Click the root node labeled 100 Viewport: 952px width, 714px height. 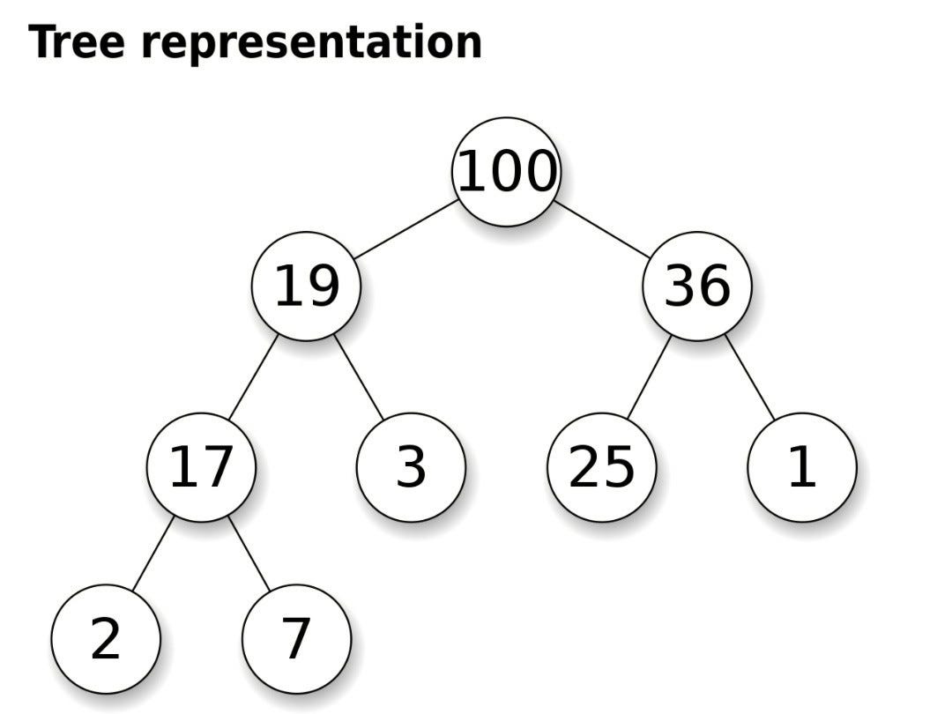point(506,172)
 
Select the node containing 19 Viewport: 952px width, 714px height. point(306,286)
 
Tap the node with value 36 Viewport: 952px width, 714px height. point(696,286)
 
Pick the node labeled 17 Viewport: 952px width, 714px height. point(201,467)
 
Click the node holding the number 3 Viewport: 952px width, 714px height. point(411,467)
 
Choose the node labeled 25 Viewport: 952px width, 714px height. point(602,467)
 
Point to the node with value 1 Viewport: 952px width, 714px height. point(801,467)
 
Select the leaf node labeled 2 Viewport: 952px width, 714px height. point(105,639)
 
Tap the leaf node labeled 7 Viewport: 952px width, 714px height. point(296,639)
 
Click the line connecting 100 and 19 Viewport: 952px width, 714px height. point(405,229)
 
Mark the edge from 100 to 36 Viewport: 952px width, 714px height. point(603,229)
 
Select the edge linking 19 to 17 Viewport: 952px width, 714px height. point(253,377)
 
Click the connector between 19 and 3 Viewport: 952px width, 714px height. point(360,377)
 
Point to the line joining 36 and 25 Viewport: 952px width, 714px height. point(649,377)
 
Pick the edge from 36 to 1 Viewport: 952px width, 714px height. point(750,377)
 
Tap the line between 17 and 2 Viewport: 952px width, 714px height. point(153,554)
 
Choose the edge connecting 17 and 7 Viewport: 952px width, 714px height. point(249,554)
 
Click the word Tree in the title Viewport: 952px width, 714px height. point(77,42)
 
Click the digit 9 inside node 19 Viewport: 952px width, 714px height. point(322,286)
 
